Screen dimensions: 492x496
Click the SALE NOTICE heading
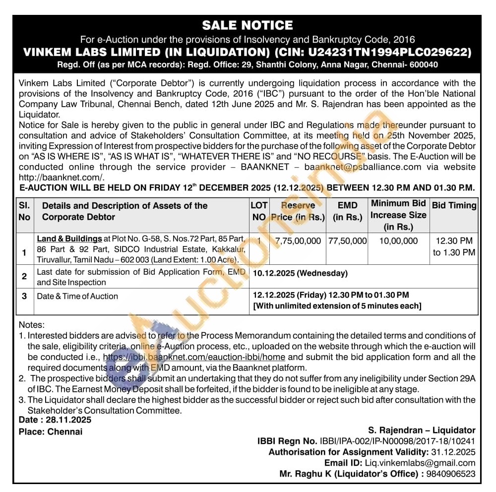click(x=248, y=25)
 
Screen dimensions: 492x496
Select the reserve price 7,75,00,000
click(x=298, y=241)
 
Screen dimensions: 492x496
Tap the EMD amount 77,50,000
click(x=347, y=241)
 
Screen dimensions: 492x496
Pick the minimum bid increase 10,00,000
click(x=398, y=241)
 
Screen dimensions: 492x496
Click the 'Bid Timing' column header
click(x=454, y=205)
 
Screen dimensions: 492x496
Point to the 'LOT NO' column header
click(x=259, y=211)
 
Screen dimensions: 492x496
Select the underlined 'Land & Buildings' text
click(x=69, y=239)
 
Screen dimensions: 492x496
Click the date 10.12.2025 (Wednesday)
click(x=300, y=273)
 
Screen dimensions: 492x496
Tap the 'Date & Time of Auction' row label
click(x=77, y=296)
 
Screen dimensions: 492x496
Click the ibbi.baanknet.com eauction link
click(x=194, y=357)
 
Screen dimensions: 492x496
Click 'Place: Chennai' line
click(x=51, y=431)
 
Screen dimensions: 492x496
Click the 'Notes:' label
click(x=31, y=325)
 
